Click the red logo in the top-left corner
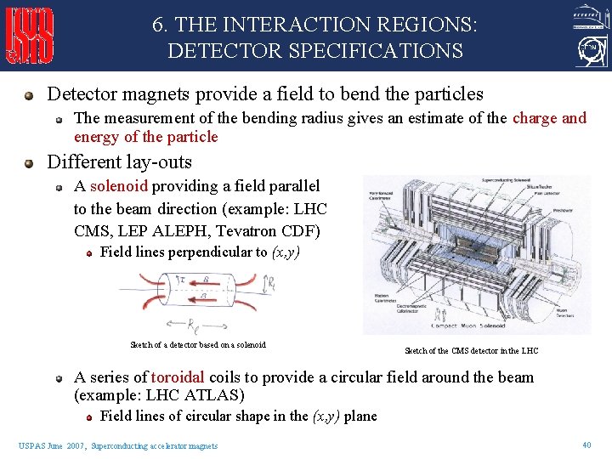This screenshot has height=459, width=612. tap(31, 36)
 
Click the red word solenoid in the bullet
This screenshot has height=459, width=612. tap(119, 186)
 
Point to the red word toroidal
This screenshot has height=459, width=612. tap(178, 377)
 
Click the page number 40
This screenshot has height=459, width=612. tap(586, 445)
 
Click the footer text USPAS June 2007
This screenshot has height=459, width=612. tap(52, 445)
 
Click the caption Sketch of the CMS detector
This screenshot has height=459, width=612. tap(471, 351)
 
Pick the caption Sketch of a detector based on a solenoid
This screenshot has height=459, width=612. tap(197, 344)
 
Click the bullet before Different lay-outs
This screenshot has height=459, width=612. tap(31, 162)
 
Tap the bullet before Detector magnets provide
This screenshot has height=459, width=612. tap(31, 95)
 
